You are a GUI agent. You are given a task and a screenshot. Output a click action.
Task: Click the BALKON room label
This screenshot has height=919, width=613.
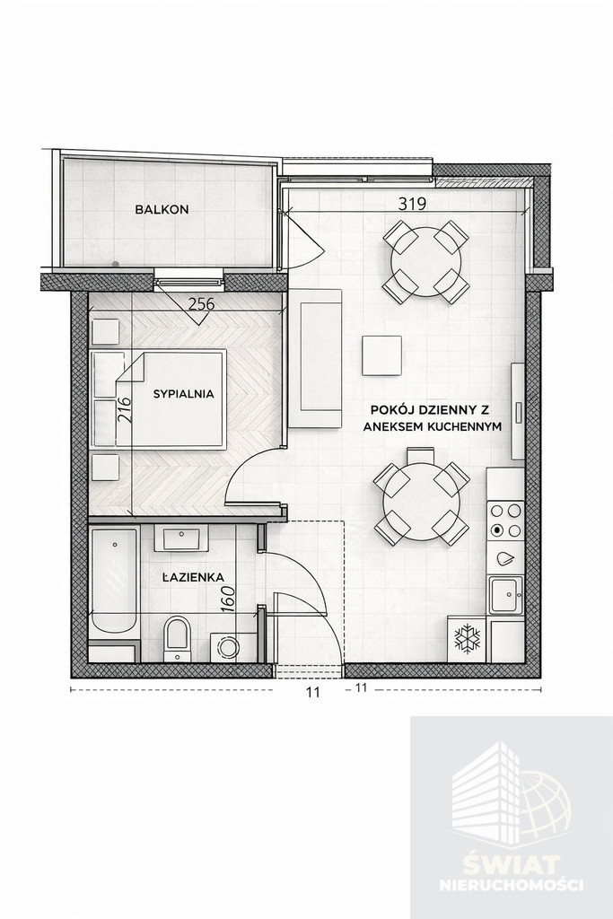[162, 208]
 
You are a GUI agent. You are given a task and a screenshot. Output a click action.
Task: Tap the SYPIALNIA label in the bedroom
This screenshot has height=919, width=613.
[183, 394]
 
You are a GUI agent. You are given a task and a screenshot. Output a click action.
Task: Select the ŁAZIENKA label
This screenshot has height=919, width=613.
[193, 577]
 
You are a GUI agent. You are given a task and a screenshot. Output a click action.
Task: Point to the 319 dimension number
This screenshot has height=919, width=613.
[412, 204]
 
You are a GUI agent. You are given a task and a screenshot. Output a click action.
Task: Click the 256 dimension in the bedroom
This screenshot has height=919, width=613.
[201, 305]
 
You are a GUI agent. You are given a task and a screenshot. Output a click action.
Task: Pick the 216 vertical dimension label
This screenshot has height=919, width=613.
[123, 411]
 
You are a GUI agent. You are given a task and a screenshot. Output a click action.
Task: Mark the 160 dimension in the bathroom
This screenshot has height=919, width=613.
[229, 599]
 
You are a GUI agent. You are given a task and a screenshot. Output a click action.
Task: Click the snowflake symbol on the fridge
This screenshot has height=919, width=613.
[468, 639]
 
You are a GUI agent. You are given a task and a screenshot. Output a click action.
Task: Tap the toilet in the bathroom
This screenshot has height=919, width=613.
[177, 638]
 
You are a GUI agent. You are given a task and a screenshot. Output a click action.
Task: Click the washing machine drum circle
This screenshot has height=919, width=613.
[227, 648]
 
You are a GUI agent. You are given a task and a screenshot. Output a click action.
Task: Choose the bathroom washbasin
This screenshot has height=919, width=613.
[181, 538]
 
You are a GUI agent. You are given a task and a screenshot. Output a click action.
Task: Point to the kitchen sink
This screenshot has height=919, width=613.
[506, 596]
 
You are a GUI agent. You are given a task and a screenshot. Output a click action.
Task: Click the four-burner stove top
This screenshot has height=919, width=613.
[506, 521]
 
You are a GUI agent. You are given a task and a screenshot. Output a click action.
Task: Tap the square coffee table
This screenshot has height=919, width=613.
[381, 355]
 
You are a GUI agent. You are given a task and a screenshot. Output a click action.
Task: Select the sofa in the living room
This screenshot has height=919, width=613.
[315, 359]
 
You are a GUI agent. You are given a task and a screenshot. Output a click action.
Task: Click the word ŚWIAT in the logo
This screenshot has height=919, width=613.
[512, 864]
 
